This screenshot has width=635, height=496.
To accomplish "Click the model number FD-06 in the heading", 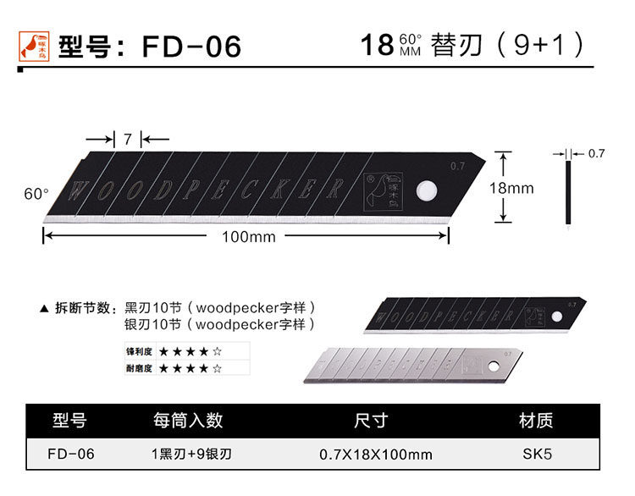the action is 192,46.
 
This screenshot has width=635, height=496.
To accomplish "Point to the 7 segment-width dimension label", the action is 128,140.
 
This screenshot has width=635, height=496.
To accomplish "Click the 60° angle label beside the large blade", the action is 36,194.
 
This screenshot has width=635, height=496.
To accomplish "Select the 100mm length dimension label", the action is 248,237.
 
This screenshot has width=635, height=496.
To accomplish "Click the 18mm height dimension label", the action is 512,188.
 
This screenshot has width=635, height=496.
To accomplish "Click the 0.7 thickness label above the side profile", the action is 596,153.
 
